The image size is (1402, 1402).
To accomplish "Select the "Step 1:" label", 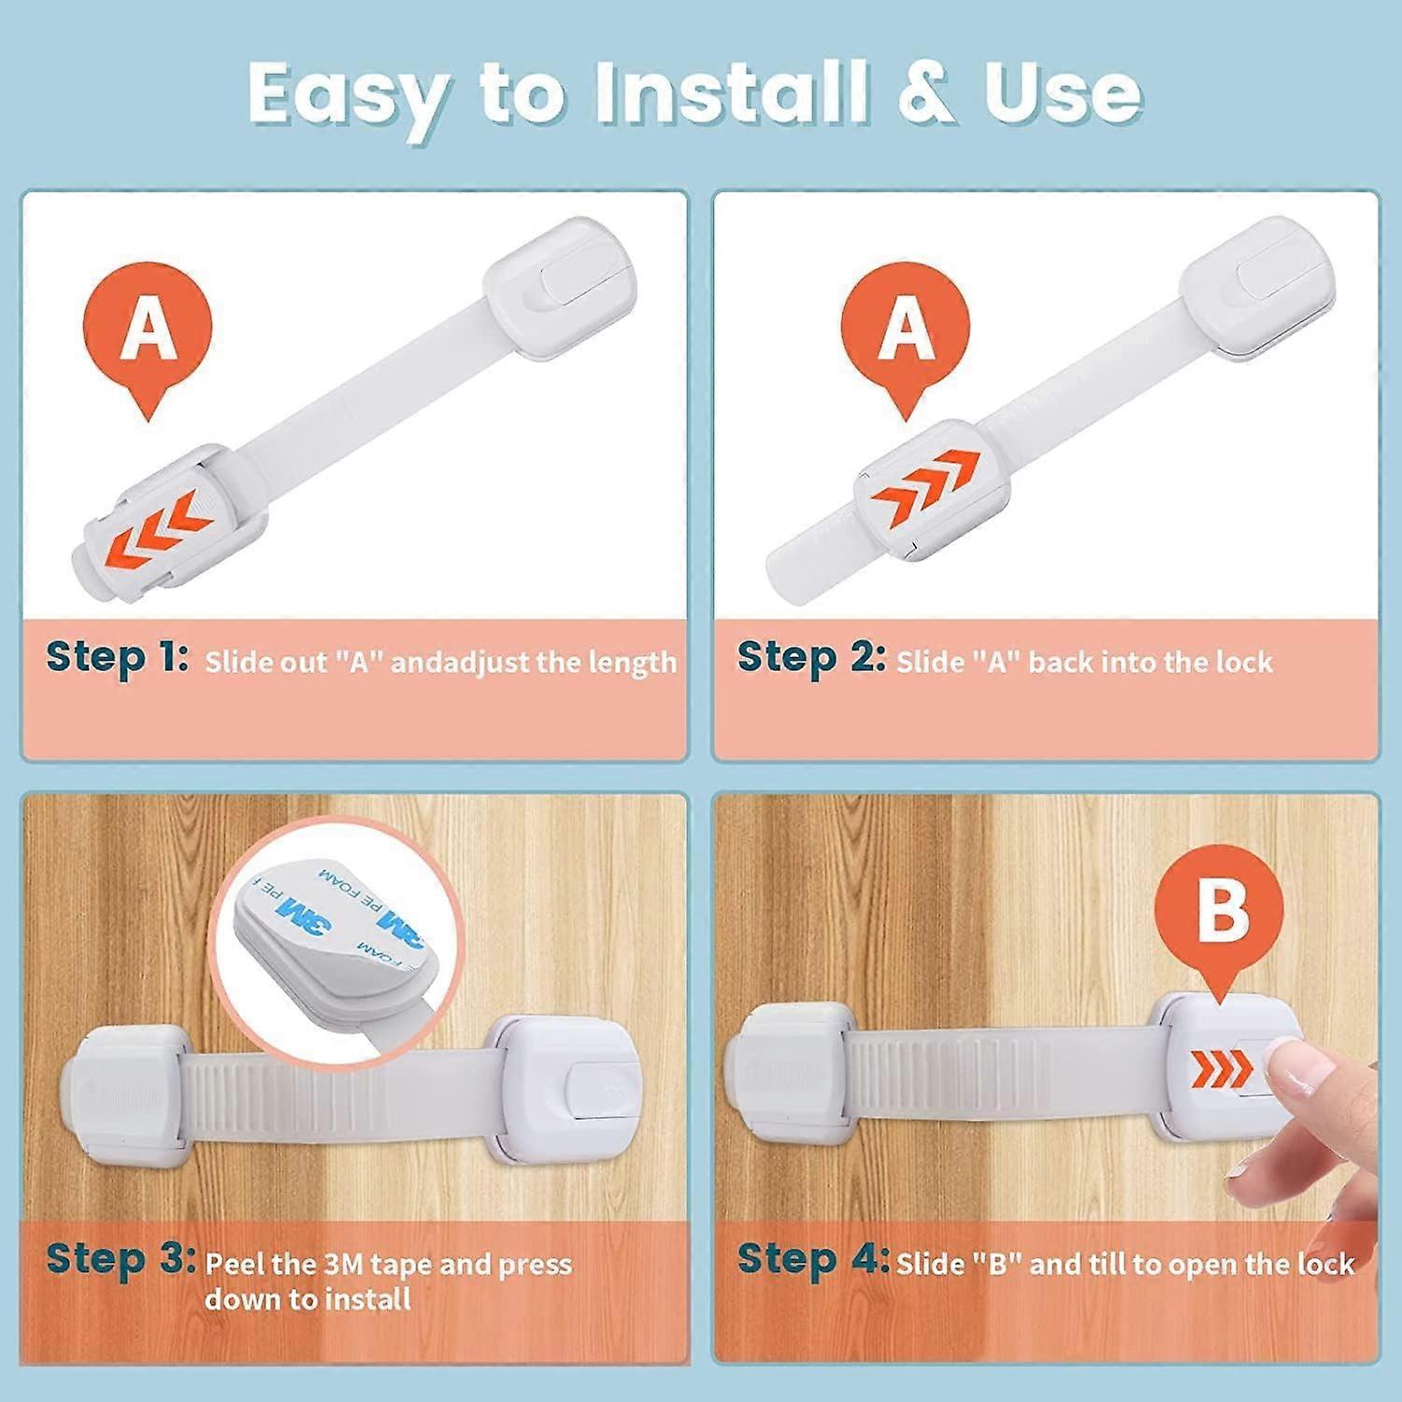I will [117, 657].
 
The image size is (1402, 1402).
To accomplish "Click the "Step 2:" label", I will [810, 657].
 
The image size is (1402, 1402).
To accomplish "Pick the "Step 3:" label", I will [121, 1258].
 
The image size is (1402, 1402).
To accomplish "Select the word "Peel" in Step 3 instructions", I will [235, 1265].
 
